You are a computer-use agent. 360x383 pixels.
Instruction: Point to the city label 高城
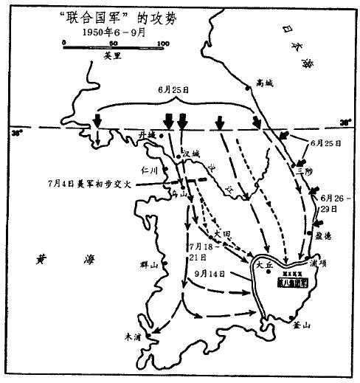pos(263,83)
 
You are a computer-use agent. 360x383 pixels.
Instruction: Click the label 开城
pos(148,134)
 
